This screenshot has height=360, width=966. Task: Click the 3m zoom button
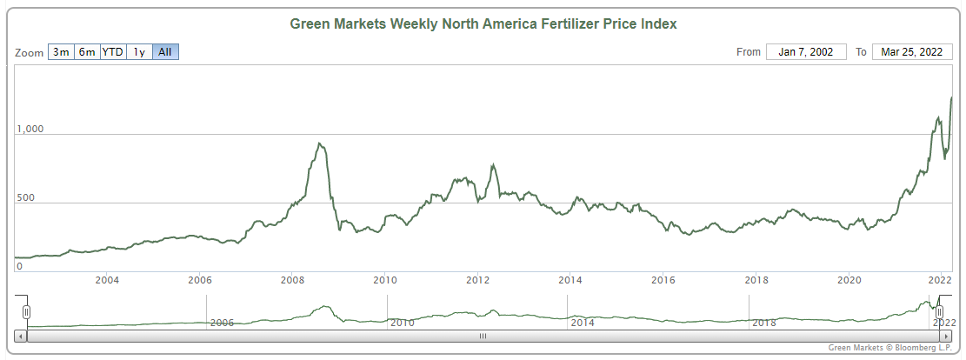tap(61, 52)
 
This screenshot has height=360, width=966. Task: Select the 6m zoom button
tap(87, 52)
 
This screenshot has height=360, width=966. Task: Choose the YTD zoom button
tap(113, 52)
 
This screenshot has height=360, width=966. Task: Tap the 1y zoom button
tap(139, 52)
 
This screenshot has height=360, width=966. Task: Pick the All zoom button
tap(165, 52)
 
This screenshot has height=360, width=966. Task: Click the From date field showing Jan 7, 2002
tap(806, 52)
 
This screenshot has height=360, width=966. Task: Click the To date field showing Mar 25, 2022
tap(911, 52)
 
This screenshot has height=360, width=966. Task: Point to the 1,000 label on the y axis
tap(30, 130)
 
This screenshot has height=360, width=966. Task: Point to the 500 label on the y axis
tap(26, 198)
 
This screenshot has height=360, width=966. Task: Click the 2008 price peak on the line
tap(320, 143)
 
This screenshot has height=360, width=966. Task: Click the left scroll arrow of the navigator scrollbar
tap(21, 335)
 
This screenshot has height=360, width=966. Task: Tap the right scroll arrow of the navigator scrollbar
tap(945, 335)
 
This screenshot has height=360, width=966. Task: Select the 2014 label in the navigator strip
tap(582, 323)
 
